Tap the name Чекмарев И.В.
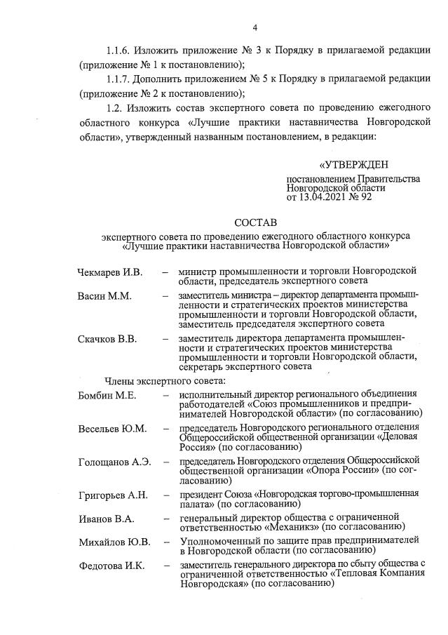(109, 272)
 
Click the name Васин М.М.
(104, 296)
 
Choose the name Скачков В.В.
(107, 340)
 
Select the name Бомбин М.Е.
(106, 395)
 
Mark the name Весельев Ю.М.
(112, 428)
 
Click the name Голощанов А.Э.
(115, 462)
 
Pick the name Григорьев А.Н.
(113, 495)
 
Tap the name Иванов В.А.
(105, 519)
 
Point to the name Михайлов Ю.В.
(114, 542)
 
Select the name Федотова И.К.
(111, 566)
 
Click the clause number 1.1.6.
(120, 52)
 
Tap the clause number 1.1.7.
(120, 79)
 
